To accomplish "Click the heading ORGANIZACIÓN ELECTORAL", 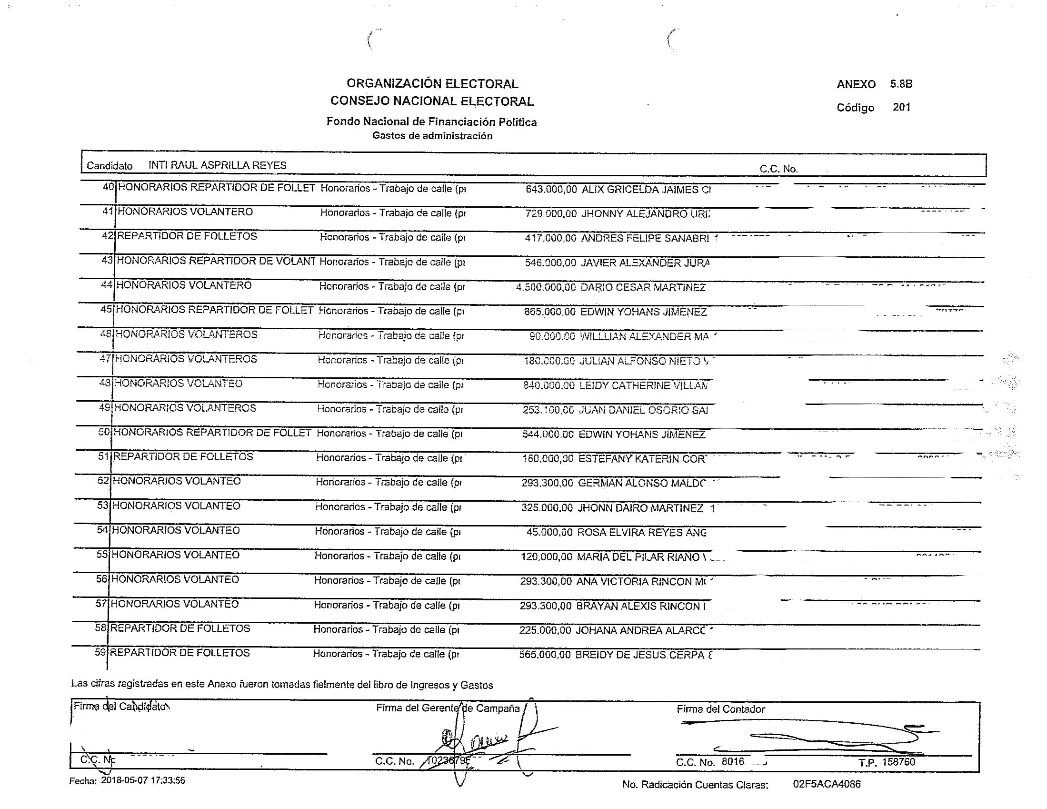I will [432, 84].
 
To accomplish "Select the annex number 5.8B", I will [901, 84].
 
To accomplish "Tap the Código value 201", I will [901, 107].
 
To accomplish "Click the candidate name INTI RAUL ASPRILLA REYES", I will [217, 165].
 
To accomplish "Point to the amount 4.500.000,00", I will [546, 287].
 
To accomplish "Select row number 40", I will [109, 187].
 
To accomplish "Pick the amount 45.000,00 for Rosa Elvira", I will [549, 532].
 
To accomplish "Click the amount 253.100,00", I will [548, 410].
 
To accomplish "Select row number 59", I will [100, 653].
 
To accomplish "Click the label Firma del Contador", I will [720, 709].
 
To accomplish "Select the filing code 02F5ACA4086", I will [827, 784].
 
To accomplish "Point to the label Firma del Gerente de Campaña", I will [448, 708].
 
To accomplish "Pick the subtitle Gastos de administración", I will [432, 136].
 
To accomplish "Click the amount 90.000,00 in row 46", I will [552, 336].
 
